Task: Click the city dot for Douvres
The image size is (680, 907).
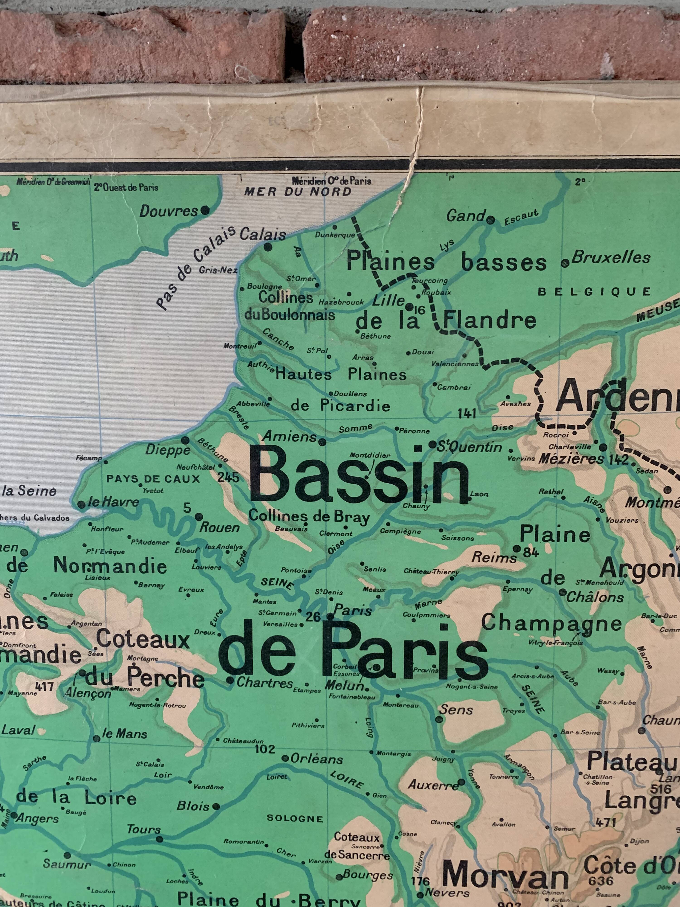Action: (x=205, y=211)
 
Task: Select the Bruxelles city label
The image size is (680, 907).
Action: (x=611, y=258)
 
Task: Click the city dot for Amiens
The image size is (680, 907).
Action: (x=323, y=442)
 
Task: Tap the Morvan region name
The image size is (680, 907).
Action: (x=505, y=876)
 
